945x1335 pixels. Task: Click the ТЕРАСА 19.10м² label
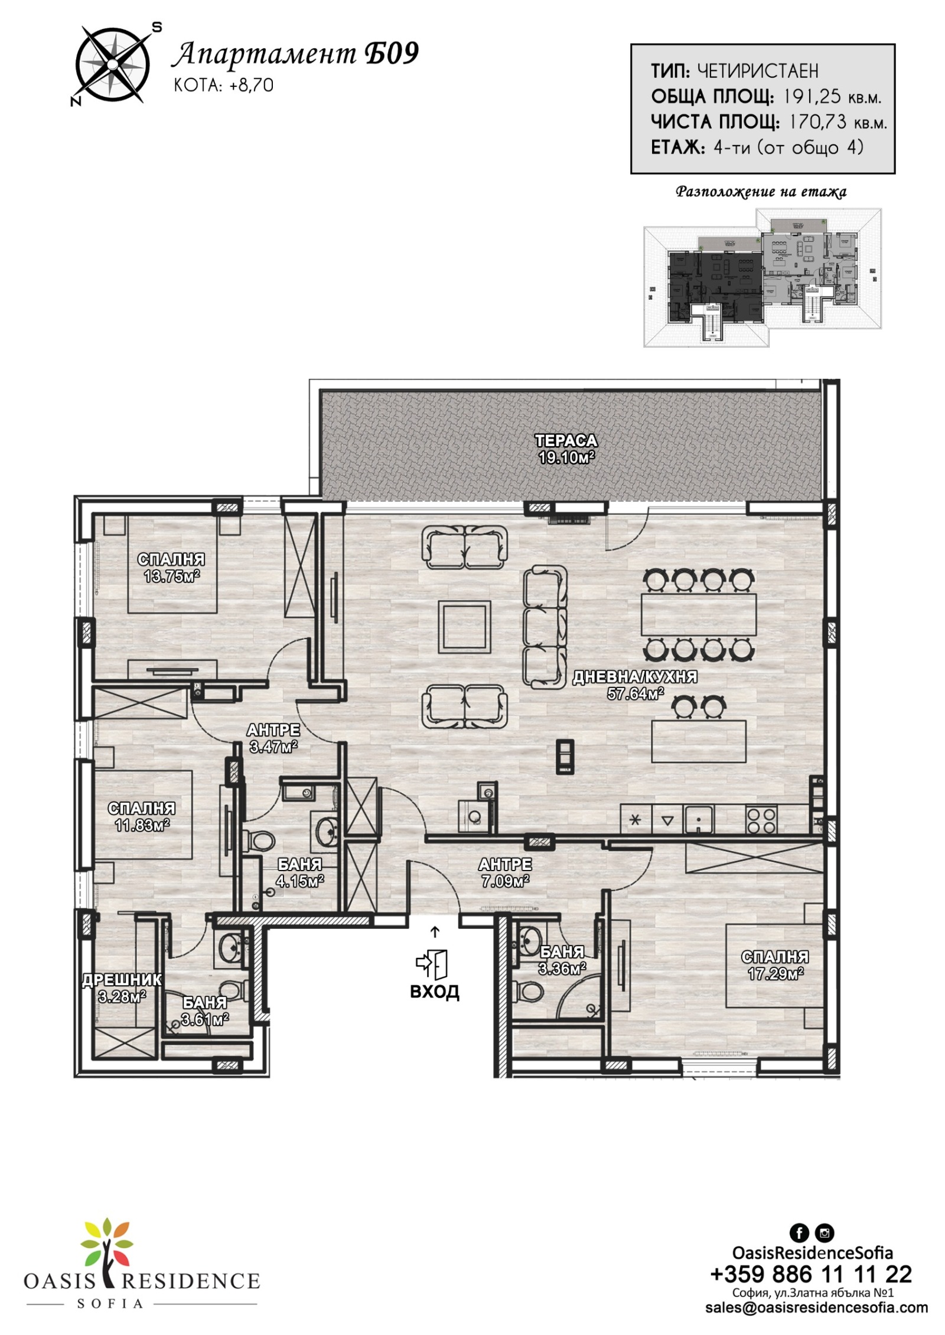click(565, 449)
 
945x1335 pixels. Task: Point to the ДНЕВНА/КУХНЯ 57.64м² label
click(634, 685)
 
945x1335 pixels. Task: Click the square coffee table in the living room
click(464, 626)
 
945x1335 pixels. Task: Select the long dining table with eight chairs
click(699, 614)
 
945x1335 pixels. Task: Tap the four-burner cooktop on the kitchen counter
click(761, 819)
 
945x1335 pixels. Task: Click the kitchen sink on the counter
click(698, 819)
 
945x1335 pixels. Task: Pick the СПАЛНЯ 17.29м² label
click(774, 965)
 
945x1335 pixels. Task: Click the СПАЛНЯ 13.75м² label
click(171, 567)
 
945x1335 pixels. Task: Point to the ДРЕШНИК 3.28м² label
click(122, 989)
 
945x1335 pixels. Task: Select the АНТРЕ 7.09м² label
click(505, 873)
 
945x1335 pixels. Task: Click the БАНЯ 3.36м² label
click(562, 960)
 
